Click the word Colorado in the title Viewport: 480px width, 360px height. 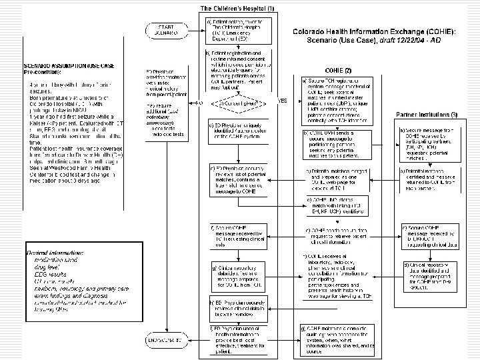pyautogui.click(x=313, y=29)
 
